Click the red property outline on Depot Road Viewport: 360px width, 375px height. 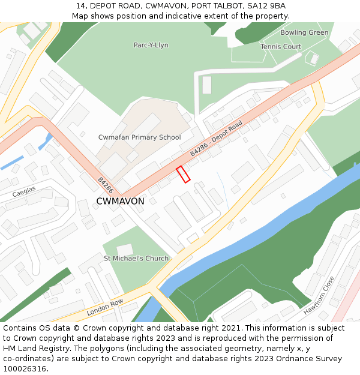click(x=183, y=174)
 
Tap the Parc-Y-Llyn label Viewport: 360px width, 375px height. click(x=151, y=45)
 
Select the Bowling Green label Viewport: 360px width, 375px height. click(x=304, y=32)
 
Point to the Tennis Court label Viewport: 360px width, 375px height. click(x=281, y=47)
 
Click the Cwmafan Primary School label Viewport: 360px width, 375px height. click(x=139, y=137)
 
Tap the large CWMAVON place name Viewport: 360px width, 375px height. click(x=120, y=202)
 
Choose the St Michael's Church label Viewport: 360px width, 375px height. click(x=136, y=259)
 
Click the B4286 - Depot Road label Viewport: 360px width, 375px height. click(x=216, y=139)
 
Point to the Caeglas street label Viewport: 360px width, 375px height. click(x=24, y=191)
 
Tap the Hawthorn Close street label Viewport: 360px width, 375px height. click(x=318, y=295)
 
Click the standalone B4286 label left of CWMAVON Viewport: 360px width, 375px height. click(x=105, y=185)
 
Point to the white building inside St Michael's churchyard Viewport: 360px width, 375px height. click(x=125, y=250)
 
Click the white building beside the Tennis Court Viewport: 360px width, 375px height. click(x=313, y=59)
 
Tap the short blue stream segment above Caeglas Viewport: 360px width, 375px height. click(x=12, y=163)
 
